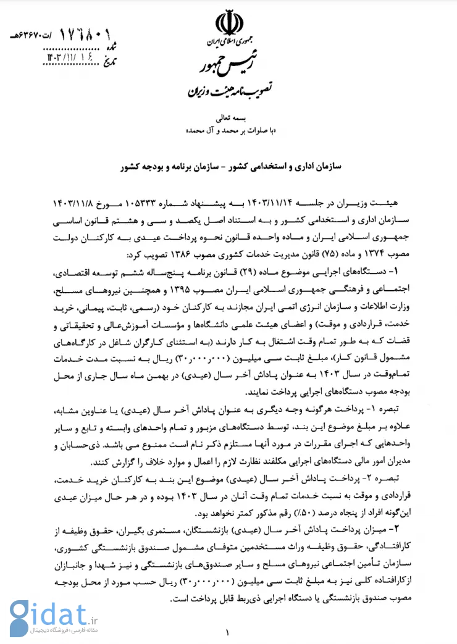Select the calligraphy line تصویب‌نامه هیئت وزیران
pos(226,93)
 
